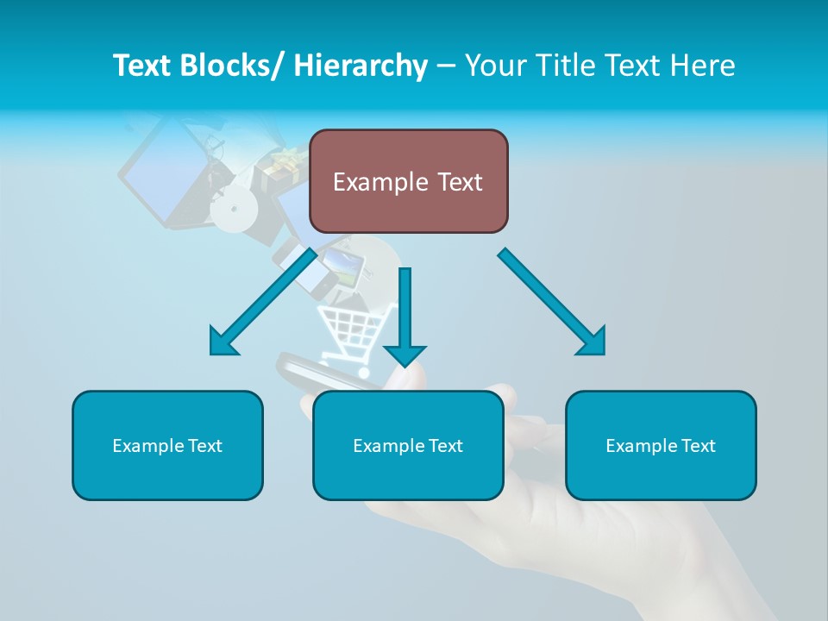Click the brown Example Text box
tap(408, 181)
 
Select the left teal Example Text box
tap(167, 445)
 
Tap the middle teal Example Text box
tap(408, 445)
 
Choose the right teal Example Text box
tap(661, 445)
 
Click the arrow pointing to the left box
tap(263, 302)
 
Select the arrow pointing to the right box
tap(552, 302)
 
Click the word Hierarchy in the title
tap(361, 66)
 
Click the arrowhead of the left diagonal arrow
tap(223, 342)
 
